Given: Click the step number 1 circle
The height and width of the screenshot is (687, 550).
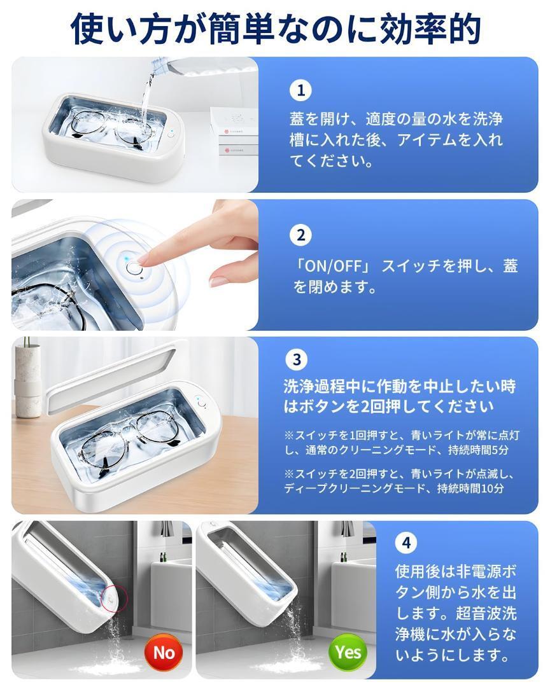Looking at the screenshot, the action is (x=300, y=91).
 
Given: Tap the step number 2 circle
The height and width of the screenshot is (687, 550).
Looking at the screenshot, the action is (x=300, y=235).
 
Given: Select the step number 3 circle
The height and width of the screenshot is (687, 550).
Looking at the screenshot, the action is (x=297, y=359).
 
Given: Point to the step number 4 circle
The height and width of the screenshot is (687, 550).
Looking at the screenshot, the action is (x=406, y=543).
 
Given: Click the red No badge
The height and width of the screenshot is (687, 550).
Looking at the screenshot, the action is (x=164, y=653).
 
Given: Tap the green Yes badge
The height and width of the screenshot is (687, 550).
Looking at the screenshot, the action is (x=348, y=652).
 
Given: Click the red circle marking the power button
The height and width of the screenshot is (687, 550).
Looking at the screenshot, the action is (x=114, y=597).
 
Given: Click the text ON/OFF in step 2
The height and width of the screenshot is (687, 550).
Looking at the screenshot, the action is (x=333, y=266).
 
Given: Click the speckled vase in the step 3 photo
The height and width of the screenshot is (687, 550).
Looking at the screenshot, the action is (x=27, y=379).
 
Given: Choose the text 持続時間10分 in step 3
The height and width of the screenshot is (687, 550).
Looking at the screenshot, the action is (x=470, y=489).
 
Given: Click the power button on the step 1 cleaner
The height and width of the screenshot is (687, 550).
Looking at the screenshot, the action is (x=171, y=135).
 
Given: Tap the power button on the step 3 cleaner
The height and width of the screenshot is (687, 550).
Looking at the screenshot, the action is (x=201, y=403).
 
